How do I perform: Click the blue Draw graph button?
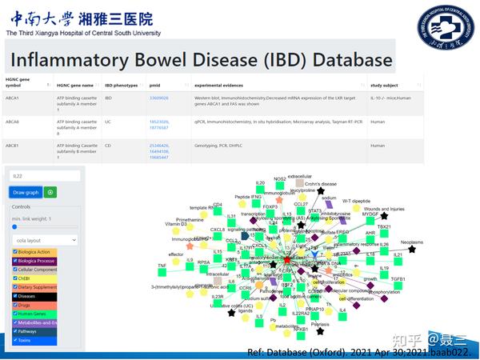(26, 192)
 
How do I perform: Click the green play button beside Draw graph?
(50, 192)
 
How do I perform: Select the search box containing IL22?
(44, 175)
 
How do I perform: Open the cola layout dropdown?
(44, 239)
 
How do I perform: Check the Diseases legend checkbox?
(14, 296)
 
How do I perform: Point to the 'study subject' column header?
(387, 82)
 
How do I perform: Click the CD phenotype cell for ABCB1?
(109, 146)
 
